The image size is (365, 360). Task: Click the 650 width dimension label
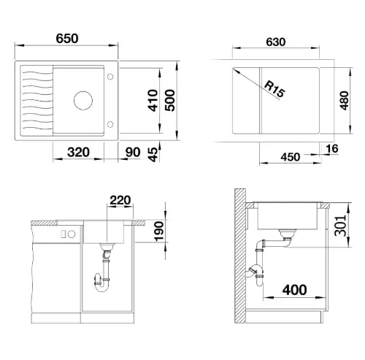click(67, 39)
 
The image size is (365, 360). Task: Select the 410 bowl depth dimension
click(153, 101)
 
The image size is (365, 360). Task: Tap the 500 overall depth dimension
click(170, 100)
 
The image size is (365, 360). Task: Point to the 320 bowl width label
click(78, 153)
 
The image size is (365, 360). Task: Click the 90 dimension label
click(133, 153)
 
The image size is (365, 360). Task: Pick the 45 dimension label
click(153, 155)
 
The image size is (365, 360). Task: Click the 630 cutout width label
click(276, 42)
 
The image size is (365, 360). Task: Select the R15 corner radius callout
click(274, 89)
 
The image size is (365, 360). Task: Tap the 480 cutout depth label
click(345, 101)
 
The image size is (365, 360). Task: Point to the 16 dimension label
click(332, 148)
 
